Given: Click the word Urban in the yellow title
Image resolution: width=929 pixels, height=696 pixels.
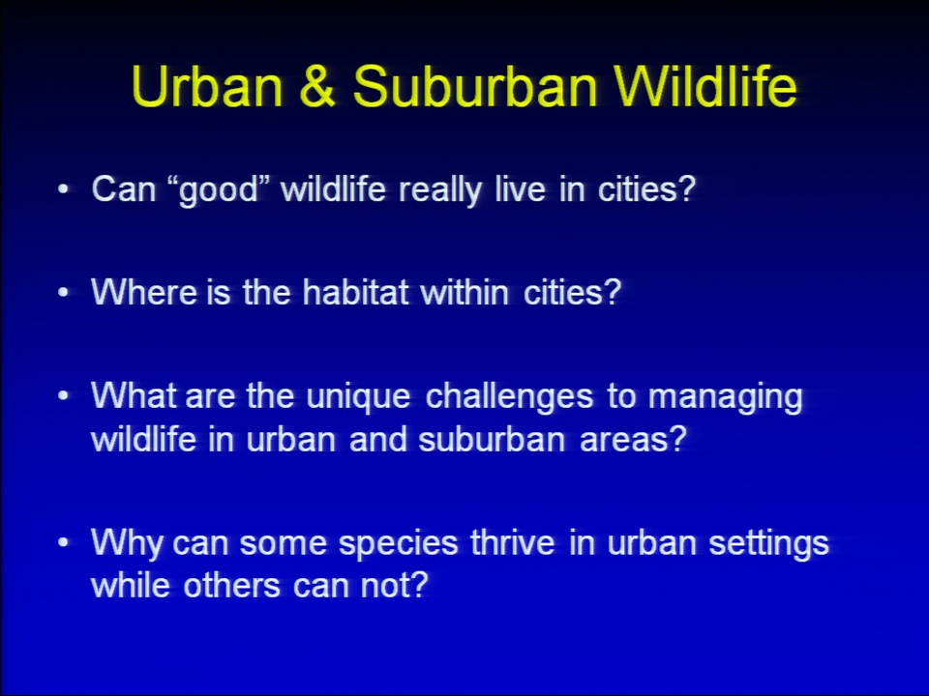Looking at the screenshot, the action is [x=208, y=86].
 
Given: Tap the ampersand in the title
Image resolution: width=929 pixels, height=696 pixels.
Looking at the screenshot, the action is [x=317, y=86].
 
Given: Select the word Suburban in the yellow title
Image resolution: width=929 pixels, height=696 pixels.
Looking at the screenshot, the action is [x=474, y=86].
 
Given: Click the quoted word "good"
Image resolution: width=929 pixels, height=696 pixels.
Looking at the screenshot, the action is [x=219, y=190].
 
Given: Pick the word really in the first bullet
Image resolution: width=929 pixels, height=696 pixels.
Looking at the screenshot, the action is [x=440, y=190].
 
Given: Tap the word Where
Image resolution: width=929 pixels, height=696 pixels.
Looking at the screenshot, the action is [x=144, y=292].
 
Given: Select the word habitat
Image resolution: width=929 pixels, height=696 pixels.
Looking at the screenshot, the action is [x=355, y=292].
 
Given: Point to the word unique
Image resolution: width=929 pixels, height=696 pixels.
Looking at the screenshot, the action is [x=358, y=397].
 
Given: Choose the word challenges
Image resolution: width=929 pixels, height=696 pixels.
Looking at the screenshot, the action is [x=509, y=397].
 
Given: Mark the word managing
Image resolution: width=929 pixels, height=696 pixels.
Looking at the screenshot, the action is [x=725, y=397].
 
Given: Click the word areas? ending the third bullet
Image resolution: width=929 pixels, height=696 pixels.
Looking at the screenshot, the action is [x=633, y=440].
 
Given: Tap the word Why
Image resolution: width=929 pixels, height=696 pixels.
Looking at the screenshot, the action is [x=126, y=543].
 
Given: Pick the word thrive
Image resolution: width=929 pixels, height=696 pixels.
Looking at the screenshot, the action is [x=513, y=542].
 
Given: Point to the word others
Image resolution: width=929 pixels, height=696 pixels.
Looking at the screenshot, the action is [x=231, y=586].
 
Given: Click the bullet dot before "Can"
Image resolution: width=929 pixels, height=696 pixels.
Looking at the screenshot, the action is [x=64, y=190].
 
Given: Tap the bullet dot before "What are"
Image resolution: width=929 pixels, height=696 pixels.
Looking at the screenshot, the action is [x=64, y=396].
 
